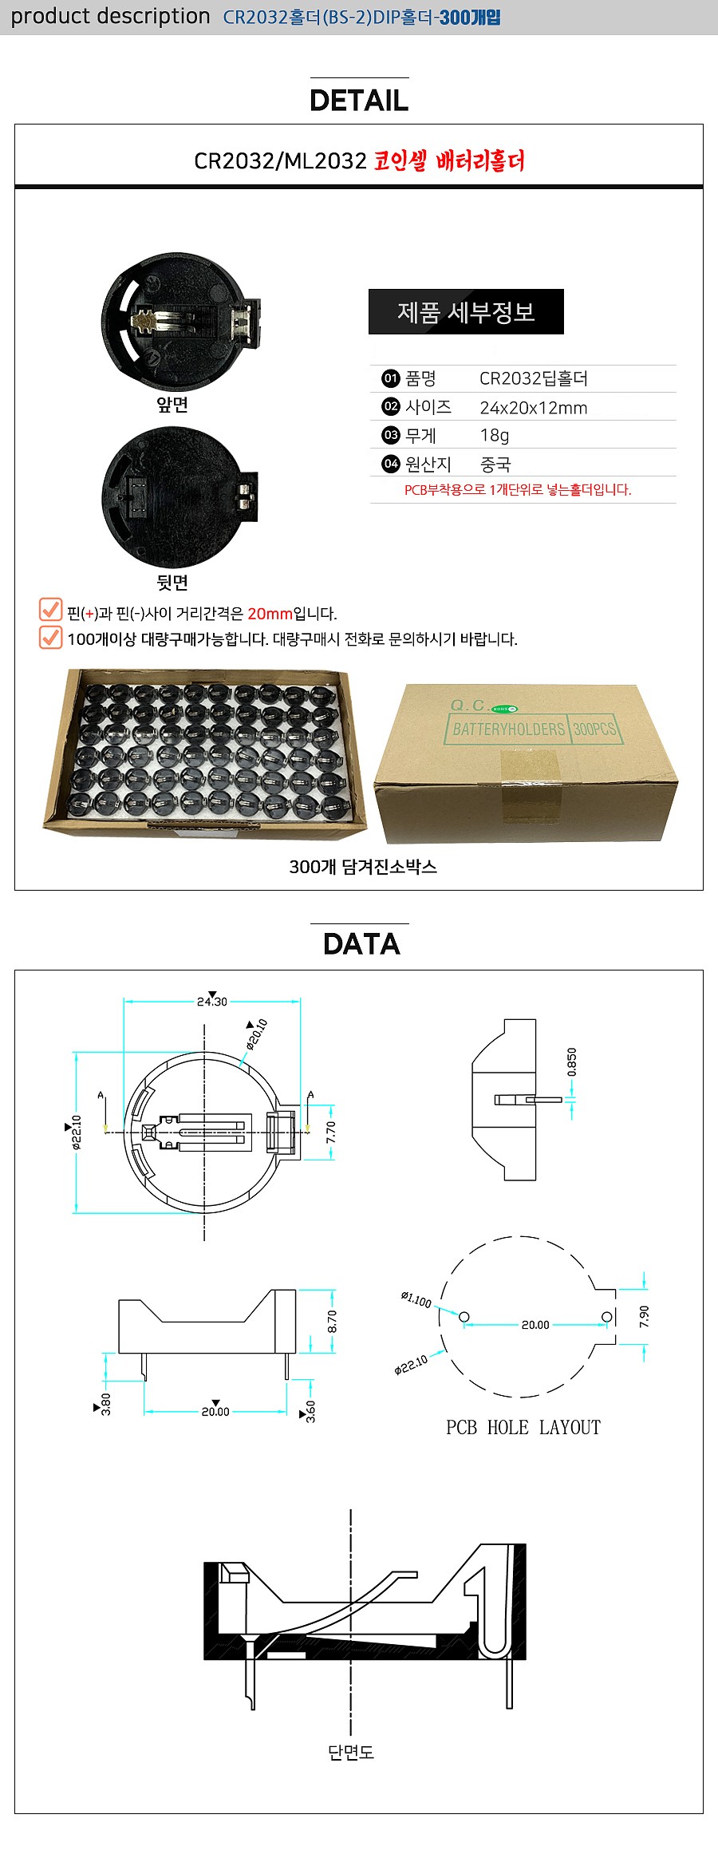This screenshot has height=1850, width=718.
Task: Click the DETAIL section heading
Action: click(x=359, y=101)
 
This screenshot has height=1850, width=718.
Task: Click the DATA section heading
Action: click(x=361, y=944)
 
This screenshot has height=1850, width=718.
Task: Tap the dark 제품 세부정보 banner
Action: click(x=466, y=312)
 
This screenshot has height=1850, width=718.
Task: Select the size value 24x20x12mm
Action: click(x=533, y=408)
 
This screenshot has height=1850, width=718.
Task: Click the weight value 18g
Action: click(x=494, y=435)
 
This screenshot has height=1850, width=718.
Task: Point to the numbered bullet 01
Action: click(x=390, y=378)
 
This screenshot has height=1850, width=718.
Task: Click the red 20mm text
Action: click(x=270, y=614)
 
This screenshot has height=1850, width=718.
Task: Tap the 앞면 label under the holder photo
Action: click(x=172, y=405)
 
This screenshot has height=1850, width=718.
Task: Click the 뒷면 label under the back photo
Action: click(x=172, y=583)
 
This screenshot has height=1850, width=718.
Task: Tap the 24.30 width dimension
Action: click(x=212, y=1002)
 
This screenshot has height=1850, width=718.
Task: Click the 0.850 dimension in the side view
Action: click(x=571, y=1062)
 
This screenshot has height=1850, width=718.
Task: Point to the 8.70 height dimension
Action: click(x=333, y=1321)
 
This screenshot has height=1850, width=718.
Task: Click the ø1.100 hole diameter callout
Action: click(x=416, y=1299)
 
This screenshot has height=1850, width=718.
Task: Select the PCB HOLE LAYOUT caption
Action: click(x=523, y=1428)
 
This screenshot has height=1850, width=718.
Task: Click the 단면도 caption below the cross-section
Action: click(x=351, y=1752)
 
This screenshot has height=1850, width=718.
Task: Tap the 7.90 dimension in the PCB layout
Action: click(x=645, y=1316)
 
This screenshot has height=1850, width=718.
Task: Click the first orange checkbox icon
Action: click(x=50, y=610)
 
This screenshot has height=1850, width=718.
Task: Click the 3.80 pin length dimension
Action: click(x=106, y=1404)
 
